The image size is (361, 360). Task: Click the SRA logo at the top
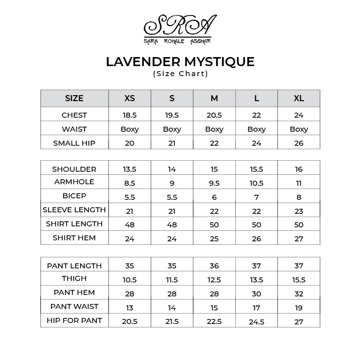(180, 30)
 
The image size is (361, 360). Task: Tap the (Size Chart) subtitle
(180, 74)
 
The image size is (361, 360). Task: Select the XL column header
(299, 99)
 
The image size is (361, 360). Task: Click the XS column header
(130, 99)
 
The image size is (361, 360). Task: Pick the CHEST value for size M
(214, 115)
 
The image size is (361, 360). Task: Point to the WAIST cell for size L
(256, 129)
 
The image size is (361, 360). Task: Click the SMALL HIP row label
(74, 143)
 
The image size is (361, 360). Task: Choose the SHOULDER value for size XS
(130, 169)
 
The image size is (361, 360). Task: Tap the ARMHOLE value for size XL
(299, 183)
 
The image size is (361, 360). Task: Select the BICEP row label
(74, 196)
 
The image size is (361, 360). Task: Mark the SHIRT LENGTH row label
(74, 224)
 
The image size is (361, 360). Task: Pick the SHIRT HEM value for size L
(256, 239)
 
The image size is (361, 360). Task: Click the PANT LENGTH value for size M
(214, 266)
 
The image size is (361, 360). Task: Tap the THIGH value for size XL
(299, 280)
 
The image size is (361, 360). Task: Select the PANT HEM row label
(74, 292)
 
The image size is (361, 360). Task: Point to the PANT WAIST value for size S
(172, 308)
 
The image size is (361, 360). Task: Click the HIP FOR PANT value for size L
(256, 322)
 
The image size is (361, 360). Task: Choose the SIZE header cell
(74, 99)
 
